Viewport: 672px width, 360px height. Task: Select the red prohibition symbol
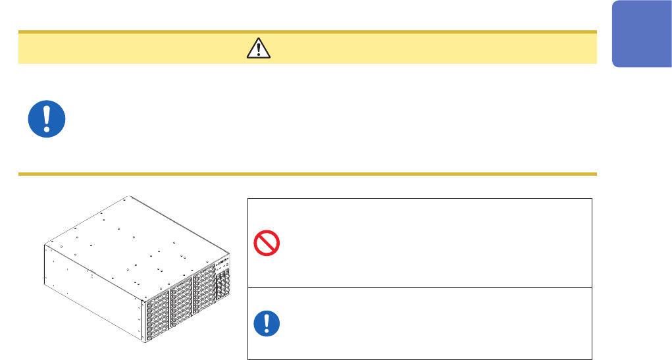[267, 244]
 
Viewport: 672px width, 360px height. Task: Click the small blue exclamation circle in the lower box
[267, 323]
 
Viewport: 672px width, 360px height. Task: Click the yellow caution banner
[395, 47]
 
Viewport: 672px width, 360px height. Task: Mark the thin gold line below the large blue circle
[307, 174]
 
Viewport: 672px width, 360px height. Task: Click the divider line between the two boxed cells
[420, 287]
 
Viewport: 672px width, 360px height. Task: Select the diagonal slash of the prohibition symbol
[267, 244]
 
